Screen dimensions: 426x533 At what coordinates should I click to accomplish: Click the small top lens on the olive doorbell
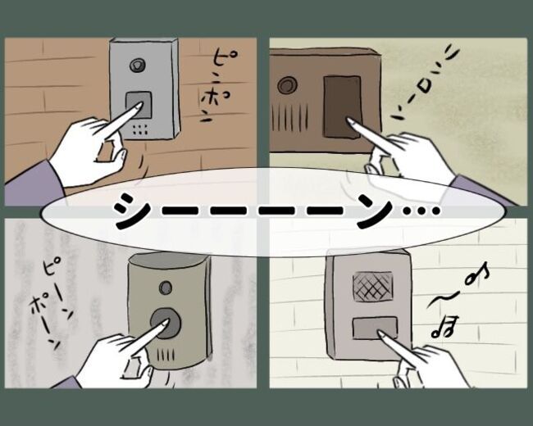tap(166, 288)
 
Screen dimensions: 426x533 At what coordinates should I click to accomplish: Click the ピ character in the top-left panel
tap(220, 63)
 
